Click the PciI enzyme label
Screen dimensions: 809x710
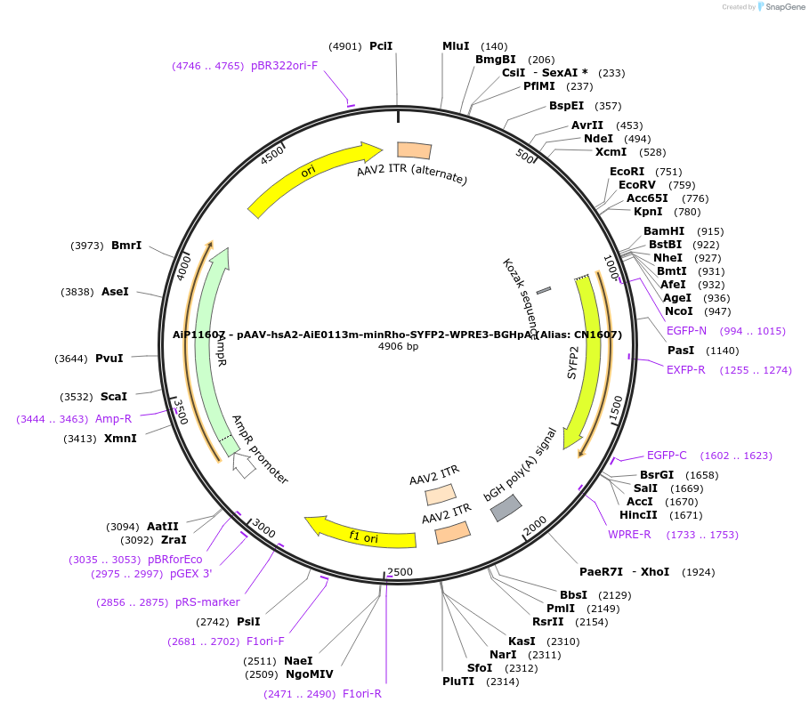click(381, 46)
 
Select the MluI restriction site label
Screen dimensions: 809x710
click(456, 46)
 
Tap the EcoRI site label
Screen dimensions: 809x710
click(627, 172)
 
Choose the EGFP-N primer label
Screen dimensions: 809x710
click(686, 331)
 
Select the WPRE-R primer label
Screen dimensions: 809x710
click(629, 535)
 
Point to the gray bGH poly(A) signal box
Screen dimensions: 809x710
click(506, 507)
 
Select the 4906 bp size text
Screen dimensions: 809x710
click(398, 346)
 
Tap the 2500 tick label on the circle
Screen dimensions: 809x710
click(400, 571)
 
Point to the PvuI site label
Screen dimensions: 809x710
click(109, 359)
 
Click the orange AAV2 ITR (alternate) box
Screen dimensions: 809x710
click(414, 151)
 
